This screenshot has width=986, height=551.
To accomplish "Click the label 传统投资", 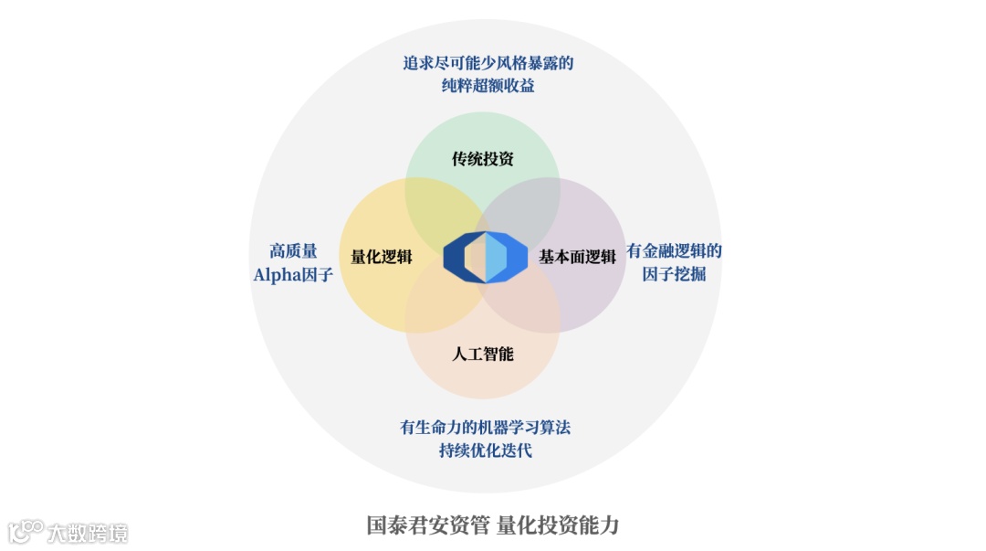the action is click(483, 159).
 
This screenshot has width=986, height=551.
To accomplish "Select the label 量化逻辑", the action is click(382, 257).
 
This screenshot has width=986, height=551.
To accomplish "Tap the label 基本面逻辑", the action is click(577, 257).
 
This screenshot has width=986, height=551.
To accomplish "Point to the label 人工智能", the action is click(483, 354).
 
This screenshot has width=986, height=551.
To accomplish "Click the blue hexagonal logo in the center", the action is click(485, 257).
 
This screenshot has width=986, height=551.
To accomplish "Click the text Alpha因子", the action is click(293, 274).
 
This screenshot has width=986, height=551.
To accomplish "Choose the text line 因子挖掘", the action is click(674, 274).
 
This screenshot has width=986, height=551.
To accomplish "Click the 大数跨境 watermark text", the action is click(88, 533).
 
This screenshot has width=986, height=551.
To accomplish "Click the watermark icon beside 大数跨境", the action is click(26, 531).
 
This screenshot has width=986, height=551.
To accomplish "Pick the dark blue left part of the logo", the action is click(455, 257).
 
